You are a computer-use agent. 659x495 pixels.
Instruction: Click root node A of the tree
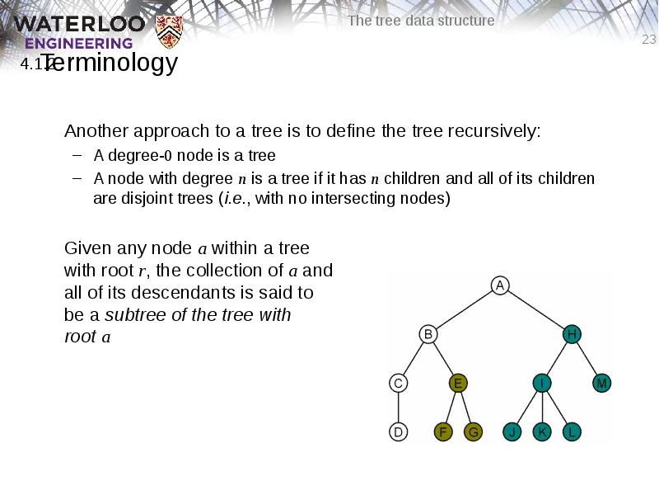(499, 285)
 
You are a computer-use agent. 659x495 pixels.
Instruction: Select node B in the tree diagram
(428, 334)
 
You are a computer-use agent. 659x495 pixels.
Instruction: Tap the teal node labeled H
(572, 334)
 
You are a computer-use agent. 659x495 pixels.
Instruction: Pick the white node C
(398, 383)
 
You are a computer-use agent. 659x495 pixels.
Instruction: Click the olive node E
(459, 383)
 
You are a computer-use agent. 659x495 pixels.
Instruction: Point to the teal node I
(542, 383)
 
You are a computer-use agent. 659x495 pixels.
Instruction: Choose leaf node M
(602, 383)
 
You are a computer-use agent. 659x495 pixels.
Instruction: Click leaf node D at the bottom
(398, 431)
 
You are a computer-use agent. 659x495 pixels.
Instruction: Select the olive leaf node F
(443, 431)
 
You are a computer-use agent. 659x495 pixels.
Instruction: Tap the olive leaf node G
(473, 431)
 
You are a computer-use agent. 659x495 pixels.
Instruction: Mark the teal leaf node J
(512, 431)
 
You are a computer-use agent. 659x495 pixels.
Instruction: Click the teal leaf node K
(542, 431)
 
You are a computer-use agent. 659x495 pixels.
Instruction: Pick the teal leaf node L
(572, 431)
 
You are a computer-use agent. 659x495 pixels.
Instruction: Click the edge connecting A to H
(535, 309)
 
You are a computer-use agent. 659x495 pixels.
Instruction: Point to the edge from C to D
(398, 408)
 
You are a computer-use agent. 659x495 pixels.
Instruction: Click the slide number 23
(649, 40)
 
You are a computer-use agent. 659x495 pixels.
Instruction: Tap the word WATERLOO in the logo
(79, 23)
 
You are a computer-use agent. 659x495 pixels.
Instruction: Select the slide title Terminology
(110, 63)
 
